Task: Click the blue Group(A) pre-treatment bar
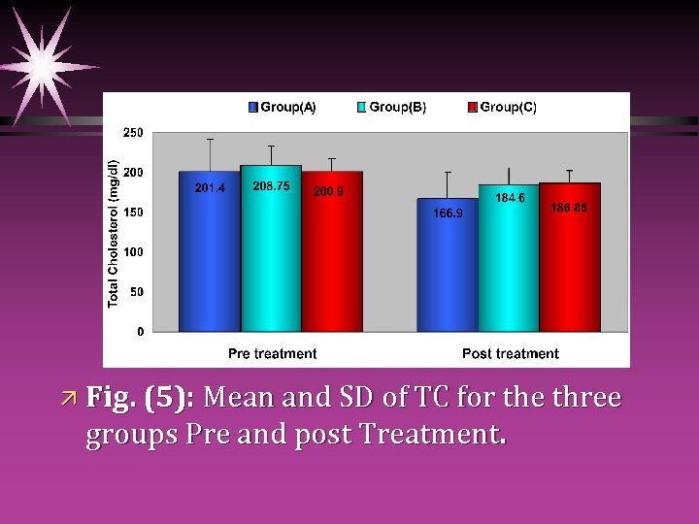[209, 252]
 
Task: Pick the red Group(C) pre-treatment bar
[332, 252]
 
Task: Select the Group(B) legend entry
[392, 108]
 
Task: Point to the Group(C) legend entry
[502, 108]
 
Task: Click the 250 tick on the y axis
[133, 133]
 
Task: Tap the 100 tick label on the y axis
[133, 252]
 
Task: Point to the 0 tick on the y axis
[140, 332]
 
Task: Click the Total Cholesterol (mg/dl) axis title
[114, 234]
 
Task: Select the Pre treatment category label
[272, 354]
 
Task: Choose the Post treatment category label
[511, 354]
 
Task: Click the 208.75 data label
[271, 185]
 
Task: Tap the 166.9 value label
[448, 213]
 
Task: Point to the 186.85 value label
[569, 207]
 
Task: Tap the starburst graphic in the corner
[44, 66]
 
